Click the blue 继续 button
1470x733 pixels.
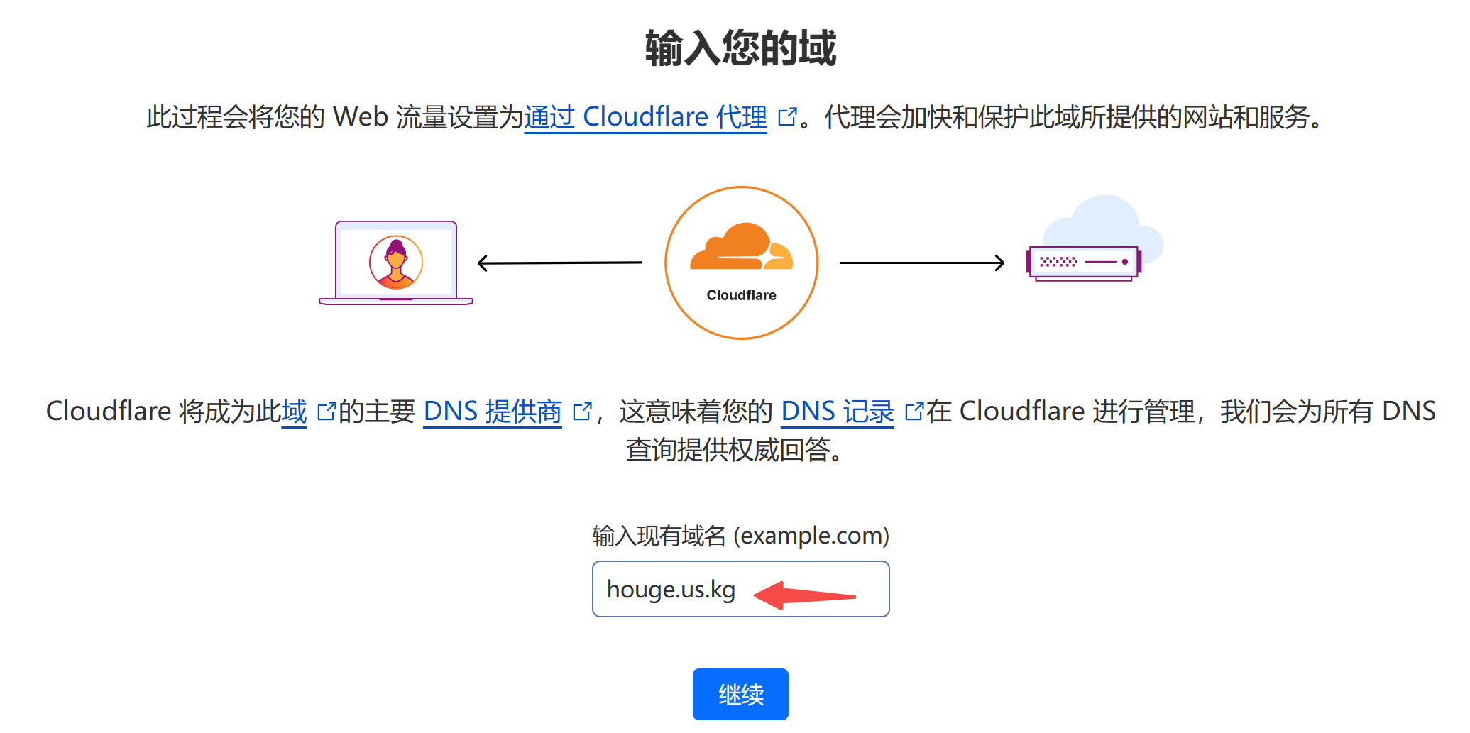(740, 694)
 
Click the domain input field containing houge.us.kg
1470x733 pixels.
(740, 589)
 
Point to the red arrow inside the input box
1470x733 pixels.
(805, 595)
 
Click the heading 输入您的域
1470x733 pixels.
(740, 48)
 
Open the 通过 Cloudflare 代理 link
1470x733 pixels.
(645, 116)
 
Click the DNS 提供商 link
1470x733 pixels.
(493, 411)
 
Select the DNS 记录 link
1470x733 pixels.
(837, 411)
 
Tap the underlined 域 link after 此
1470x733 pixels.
(294, 411)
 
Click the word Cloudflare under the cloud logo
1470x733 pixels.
(741, 295)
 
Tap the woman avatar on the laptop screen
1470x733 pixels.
(396, 262)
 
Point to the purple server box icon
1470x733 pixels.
(1083, 263)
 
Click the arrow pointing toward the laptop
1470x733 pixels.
(559, 263)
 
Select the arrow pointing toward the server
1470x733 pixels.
(922, 263)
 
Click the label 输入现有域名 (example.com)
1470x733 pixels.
(740, 536)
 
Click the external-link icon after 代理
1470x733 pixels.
(787, 116)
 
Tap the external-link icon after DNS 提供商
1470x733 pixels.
(582, 411)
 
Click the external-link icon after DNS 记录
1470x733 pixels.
(914, 411)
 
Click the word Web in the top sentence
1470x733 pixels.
(361, 116)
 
